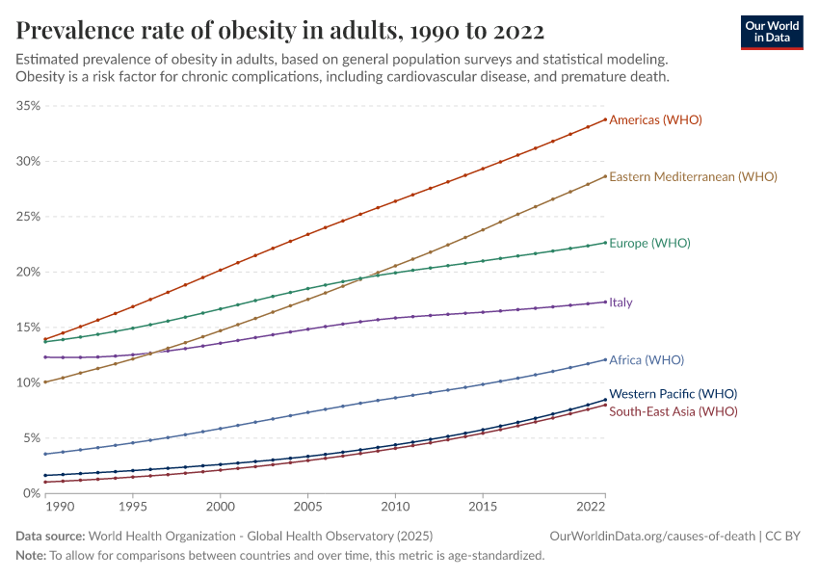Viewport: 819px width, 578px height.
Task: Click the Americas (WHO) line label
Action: [x=655, y=120]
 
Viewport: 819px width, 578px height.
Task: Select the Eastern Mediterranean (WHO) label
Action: [x=693, y=177]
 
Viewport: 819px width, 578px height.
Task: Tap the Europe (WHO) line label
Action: [x=649, y=243]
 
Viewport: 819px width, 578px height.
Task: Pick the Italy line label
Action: [x=621, y=302]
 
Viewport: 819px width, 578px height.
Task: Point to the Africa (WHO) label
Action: [x=647, y=360]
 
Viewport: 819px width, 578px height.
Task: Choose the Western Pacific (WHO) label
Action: [x=674, y=394]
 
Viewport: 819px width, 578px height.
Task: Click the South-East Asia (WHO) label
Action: [x=674, y=411]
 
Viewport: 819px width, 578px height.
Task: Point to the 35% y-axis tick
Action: [x=27, y=106]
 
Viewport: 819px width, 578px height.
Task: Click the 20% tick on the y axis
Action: [x=27, y=272]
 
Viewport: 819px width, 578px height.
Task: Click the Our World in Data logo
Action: [x=771, y=32]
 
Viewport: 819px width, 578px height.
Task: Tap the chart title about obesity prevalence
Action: [x=279, y=30]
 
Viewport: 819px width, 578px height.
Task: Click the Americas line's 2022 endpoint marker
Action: [x=605, y=119]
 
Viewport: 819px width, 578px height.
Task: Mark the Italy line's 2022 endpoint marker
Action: [x=605, y=302]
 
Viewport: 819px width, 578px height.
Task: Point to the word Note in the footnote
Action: [x=30, y=556]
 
